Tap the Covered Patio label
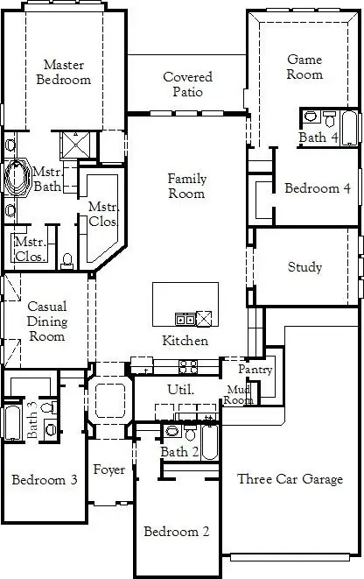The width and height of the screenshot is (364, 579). tap(187, 84)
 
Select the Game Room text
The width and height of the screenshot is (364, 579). tap(304, 67)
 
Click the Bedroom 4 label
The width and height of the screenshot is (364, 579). tap(317, 188)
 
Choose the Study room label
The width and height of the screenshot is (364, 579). tap(304, 267)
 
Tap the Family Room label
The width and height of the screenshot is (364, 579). tap(187, 186)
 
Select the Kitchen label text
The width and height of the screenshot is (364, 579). tap(185, 341)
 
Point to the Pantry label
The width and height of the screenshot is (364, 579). tap(256, 370)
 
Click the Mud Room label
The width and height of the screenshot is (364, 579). tap(240, 394)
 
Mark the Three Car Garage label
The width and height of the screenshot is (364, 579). tap(290, 479)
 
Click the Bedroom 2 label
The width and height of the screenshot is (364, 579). tap(176, 532)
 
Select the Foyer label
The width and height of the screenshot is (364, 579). tap(108, 470)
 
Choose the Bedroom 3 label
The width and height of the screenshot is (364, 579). tap(44, 480)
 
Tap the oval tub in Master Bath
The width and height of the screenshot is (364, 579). tap(17, 177)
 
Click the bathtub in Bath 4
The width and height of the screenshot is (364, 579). tap(349, 128)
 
